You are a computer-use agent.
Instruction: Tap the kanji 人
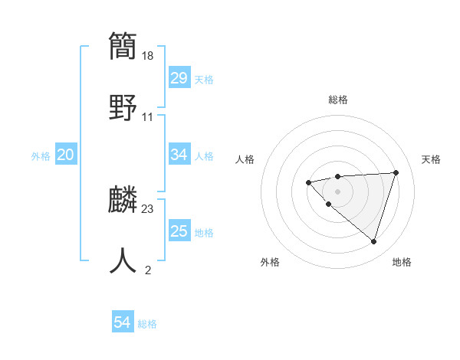(x=124, y=260)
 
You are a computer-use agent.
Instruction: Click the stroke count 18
(x=149, y=55)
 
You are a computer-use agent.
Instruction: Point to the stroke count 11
(x=148, y=116)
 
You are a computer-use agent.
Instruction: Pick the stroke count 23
(x=148, y=208)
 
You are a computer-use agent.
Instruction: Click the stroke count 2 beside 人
(x=148, y=270)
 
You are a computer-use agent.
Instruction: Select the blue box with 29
(x=179, y=78)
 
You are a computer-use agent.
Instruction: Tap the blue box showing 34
(x=179, y=155)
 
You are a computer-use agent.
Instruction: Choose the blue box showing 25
(x=179, y=231)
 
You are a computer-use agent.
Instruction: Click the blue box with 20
(x=65, y=155)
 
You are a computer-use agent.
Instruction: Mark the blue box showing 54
(x=122, y=323)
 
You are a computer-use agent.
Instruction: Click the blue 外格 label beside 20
(x=41, y=156)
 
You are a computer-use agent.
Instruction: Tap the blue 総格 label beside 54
(x=147, y=324)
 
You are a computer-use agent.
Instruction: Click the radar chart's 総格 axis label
(x=337, y=100)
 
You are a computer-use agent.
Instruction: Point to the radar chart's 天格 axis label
(x=432, y=159)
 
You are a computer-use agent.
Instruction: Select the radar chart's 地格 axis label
(x=402, y=262)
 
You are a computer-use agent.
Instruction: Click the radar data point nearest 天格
(x=396, y=172)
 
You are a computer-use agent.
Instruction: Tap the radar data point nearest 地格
(x=373, y=241)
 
